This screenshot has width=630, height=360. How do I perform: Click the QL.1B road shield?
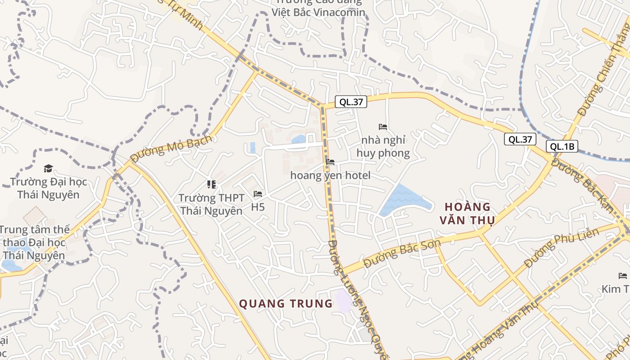pyautogui.click(x=562, y=146)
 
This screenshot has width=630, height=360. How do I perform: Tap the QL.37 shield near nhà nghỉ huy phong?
pyautogui.click(x=351, y=102)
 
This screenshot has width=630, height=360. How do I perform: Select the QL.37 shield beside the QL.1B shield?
pyautogui.click(x=520, y=139)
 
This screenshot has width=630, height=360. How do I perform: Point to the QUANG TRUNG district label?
pyautogui.click(x=286, y=304)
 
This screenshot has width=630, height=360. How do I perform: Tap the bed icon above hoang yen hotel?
pyautogui.click(x=330, y=162)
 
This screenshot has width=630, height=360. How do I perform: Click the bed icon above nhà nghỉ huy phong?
pyautogui.click(x=383, y=127)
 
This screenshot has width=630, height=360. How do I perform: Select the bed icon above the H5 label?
pyautogui.click(x=258, y=194)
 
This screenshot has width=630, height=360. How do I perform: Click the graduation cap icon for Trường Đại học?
pyautogui.click(x=48, y=169)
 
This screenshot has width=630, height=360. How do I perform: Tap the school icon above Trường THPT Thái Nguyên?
pyautogui.click(x=211, y=184)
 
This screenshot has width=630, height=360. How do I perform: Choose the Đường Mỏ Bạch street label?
pyautogui.click(x=171, y=148)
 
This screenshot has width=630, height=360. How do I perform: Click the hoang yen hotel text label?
pyautogui.click(x=331, y=175)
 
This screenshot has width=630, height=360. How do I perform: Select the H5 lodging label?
pyautogui.click(x=258, y=207)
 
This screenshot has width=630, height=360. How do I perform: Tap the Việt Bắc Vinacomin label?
pyautogui.click(x=318, y=12)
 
